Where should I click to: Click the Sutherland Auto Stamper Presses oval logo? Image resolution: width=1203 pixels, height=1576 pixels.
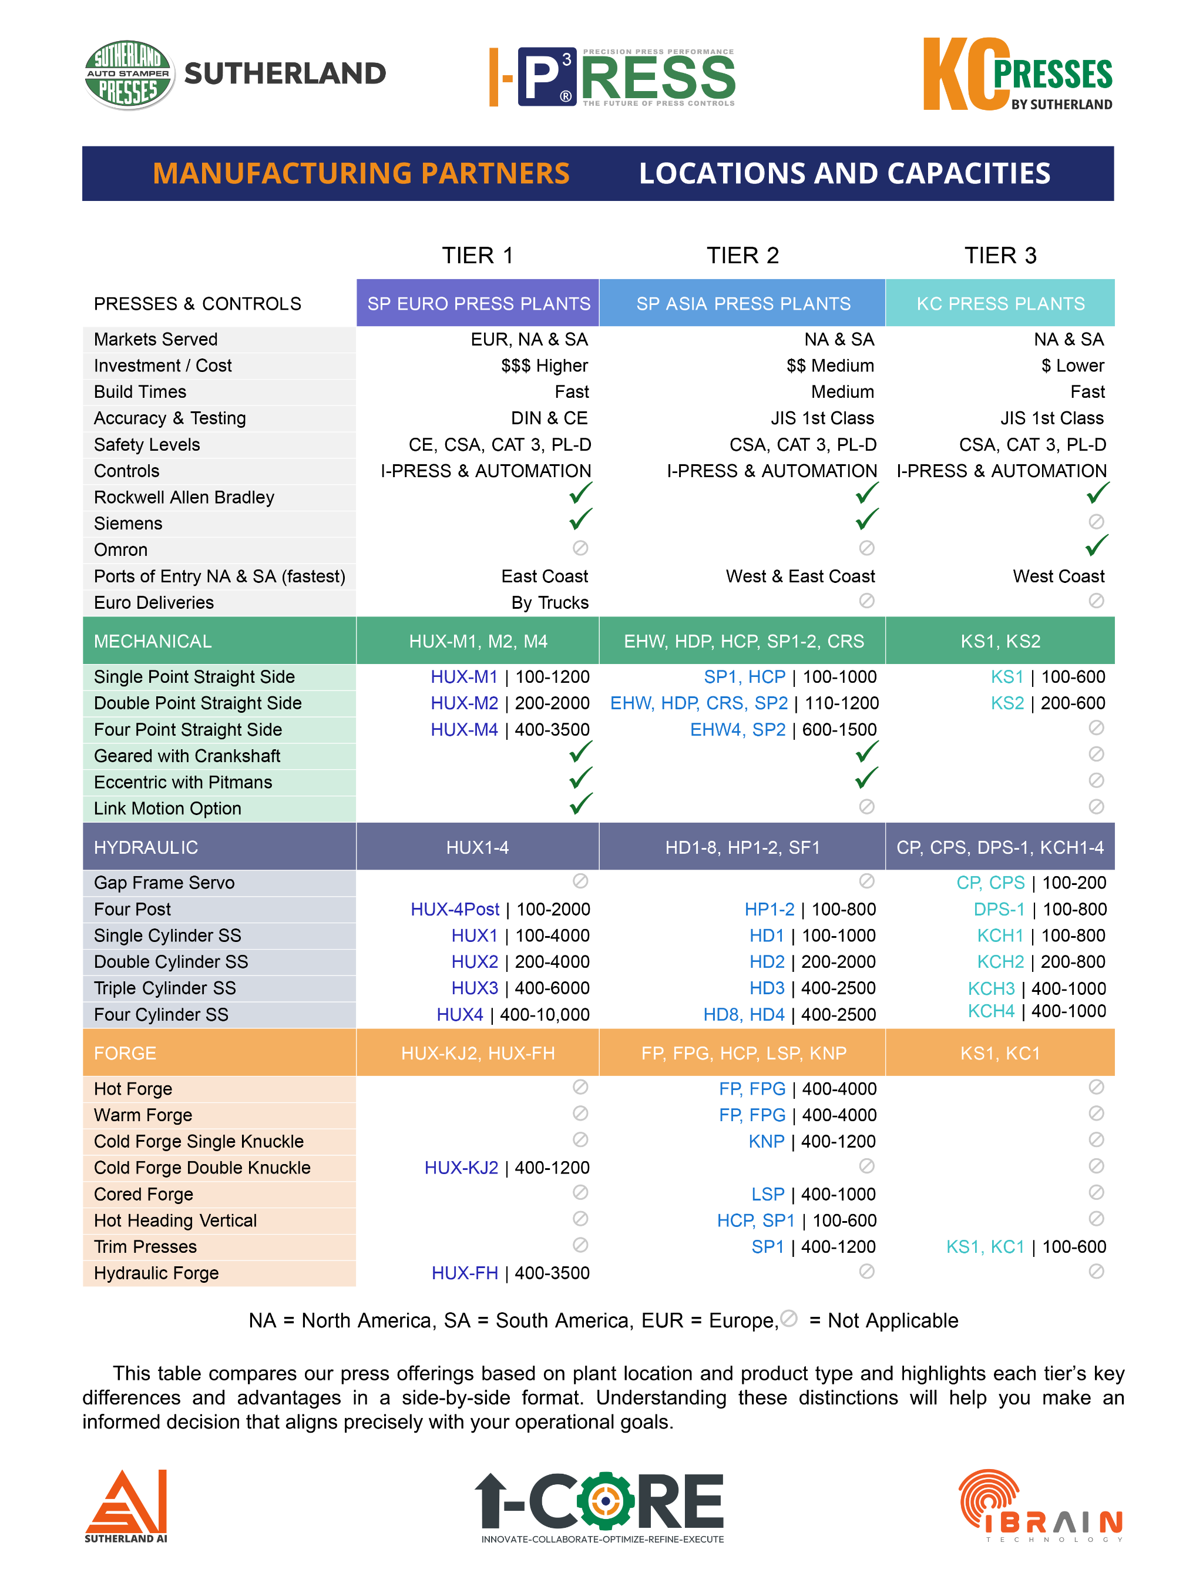[129, 74]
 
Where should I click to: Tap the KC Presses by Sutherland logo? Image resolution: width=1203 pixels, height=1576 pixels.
[1017, 75]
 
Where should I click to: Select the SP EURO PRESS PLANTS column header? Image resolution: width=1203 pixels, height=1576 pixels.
[478, 303]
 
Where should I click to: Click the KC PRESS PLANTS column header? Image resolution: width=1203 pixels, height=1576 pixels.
[1000, 303]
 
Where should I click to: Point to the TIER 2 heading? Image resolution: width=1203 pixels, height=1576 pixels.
[742, 256]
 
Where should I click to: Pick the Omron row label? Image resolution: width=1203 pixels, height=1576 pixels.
[121, 549]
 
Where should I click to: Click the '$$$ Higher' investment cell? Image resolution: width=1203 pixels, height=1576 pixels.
[544, 366]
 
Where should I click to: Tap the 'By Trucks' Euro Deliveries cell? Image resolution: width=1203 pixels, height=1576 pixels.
[549, 602]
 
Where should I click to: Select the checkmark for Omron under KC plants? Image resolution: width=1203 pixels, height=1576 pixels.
[1096, 546]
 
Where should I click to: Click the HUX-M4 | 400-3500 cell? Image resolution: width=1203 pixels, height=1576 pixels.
[510, 729]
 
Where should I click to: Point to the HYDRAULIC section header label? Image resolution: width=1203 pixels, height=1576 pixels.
[146, 847]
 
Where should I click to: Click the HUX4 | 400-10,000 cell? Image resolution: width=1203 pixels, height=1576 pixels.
[513, 1014]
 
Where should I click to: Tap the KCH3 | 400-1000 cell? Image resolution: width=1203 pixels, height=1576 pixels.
[1036, 988]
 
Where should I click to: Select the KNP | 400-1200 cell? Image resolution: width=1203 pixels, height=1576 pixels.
[811, 1141]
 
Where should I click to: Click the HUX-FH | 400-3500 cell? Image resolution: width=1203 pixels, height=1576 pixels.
[510, 1273]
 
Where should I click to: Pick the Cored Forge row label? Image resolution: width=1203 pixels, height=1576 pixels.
[144, 1194]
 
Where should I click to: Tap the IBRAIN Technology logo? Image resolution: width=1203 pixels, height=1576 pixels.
[1040, 1504]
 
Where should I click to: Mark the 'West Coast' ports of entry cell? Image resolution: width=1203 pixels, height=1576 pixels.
[1058, 576]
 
